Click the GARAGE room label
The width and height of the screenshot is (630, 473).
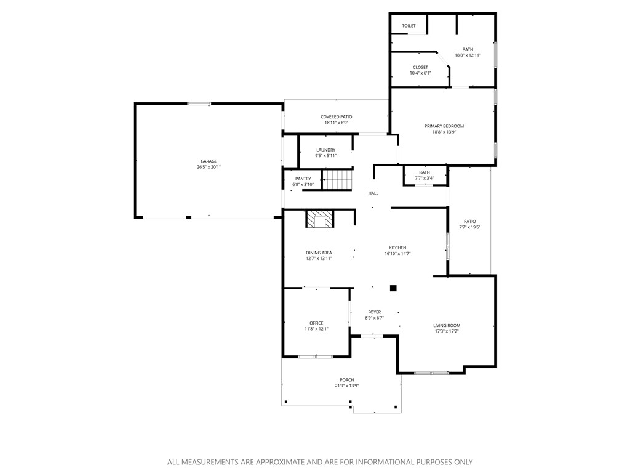(208, 161)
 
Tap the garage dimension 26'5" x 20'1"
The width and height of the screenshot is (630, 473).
(208, 167)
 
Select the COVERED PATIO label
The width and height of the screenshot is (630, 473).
(336, 117)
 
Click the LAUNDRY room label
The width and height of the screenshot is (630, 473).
(325, 150)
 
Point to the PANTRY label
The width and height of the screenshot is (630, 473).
(303, 179)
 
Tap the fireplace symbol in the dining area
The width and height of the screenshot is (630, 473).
(319, 219)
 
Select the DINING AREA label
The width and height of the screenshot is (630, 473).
(319, 253)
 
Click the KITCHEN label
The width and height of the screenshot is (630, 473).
(397, 248)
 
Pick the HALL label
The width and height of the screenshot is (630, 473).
(373, 193)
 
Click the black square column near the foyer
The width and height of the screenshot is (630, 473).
(394, 288)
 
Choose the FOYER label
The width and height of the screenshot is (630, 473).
(374, 312)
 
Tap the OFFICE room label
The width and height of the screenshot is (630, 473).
(316, 323)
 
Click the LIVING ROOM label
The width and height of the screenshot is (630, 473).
(446, 326)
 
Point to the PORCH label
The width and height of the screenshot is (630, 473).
(347, 380)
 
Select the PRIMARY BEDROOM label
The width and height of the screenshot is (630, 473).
(444, 126)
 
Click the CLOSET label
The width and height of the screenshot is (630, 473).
(420, 67)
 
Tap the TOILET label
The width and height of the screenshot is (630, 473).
(409, 26)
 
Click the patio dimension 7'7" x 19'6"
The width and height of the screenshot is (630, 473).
(469, 227)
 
